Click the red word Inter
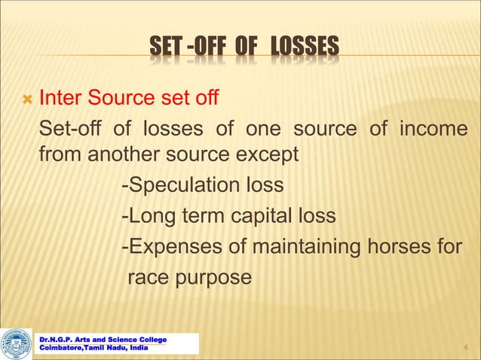pos(60,99)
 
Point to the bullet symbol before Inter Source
pos(26,99)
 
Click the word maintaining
pos(317,247)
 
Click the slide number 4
pos(464,347)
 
